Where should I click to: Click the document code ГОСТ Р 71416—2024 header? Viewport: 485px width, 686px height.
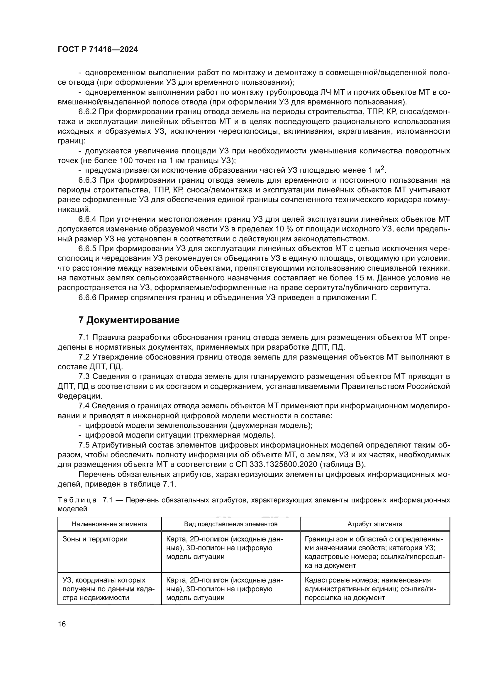point(98,50)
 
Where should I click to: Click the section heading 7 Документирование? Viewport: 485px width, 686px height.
point(129,320)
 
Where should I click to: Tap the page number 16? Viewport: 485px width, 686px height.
point(62,624)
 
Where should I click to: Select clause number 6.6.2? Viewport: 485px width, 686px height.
point(87,112)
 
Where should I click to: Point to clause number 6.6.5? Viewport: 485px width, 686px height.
point(87,249)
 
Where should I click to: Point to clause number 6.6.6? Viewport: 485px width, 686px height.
point(87,298)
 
